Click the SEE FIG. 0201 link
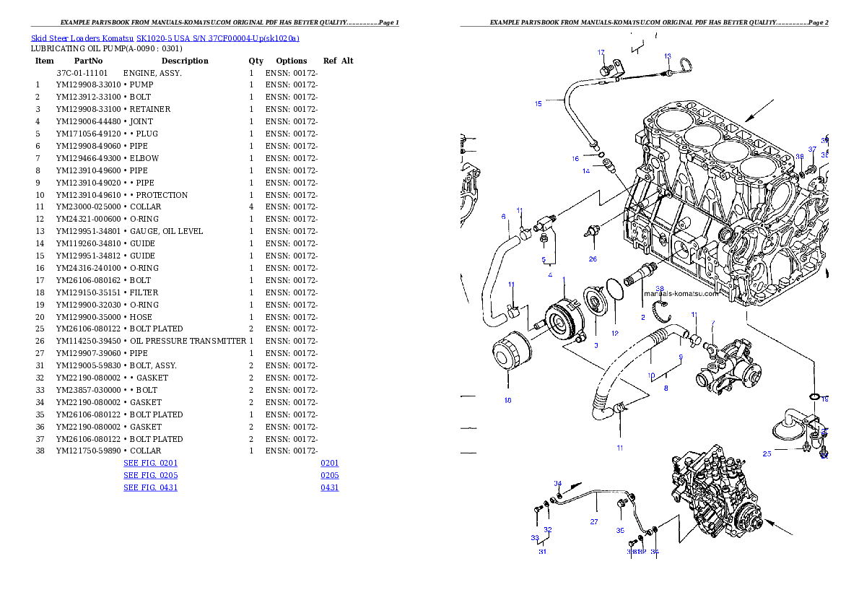pos(150,463)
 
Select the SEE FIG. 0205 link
pos(150,475)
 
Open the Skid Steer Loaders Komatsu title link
pos(165,38)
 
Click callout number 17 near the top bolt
pos(601,53)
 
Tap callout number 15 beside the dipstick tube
pos(538,104)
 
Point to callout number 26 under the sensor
pos(593,259)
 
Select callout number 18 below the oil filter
pos(507,400)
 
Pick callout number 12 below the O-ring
pos(615,334)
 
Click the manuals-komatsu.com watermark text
pos(681,294)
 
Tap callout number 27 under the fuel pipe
pos(594,521)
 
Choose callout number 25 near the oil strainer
pos(767,453)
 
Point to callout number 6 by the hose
pos(503,216)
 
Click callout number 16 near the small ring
pos(575,158)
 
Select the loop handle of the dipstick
pos(686,66)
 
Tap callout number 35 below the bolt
pos(619,530)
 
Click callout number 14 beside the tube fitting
pos(587,171)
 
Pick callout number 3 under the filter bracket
pos(596,346)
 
